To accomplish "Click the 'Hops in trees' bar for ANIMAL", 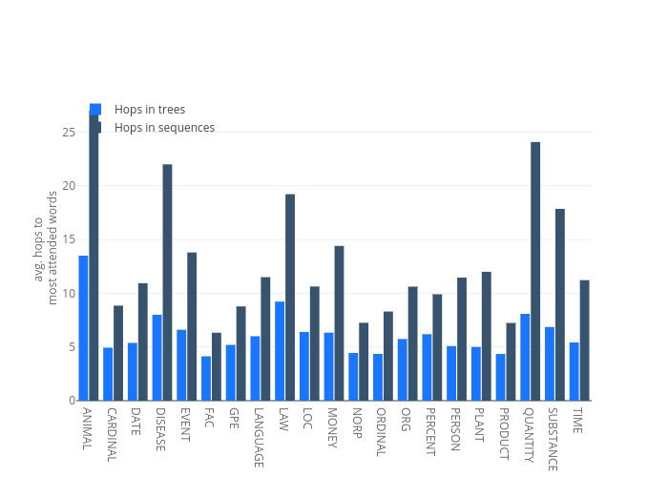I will coord(84,327).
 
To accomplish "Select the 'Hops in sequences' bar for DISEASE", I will coord(167,281).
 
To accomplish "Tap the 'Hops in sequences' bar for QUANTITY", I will coord(535,271).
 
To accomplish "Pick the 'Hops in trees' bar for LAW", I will coord(280,350).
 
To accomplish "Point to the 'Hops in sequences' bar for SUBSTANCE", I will coord(560,304).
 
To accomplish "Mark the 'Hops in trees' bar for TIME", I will coord(574,371).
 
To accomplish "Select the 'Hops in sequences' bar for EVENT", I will coord(192,325).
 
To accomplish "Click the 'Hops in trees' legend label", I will coord(149,110).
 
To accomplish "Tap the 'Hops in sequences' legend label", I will coord(164,128).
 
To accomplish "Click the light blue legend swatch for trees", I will coord(95,109).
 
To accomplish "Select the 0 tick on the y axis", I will coord(72,400).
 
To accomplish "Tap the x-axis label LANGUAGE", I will coord(259,438).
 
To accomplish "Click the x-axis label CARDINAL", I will coord(112,435).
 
